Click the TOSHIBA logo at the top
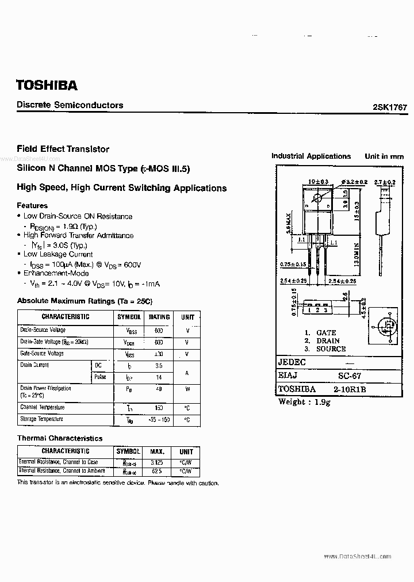click(x=47, y=86)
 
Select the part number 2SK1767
click(x=390, y=108)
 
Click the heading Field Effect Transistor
click(x=63, y=149)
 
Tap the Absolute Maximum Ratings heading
click(x=85, y=301)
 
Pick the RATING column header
click(x=159, y=317)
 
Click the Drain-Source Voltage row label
click(x=43, y=330)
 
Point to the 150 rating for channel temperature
click(x=159, y=408)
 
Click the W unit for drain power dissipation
click(x=187, y=389)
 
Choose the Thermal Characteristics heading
click(x=60, y=438)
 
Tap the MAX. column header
click(x=157, y=452)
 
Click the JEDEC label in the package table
click(x=292, y=362)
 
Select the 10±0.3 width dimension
click(x=317, y=182)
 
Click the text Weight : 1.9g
click(x=305, y=401)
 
